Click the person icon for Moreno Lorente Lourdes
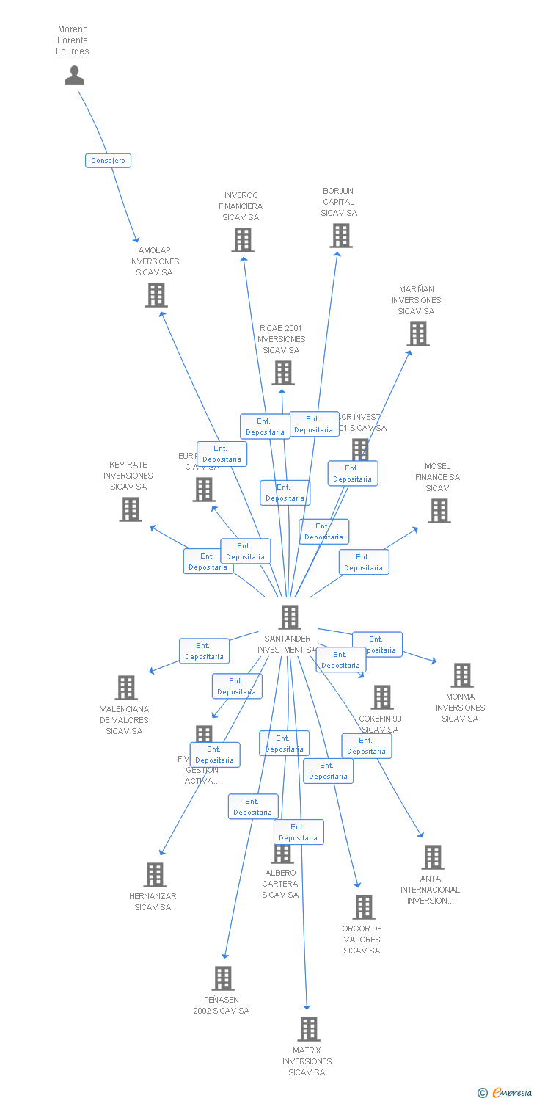coord(74,76)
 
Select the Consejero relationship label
coord(108,160)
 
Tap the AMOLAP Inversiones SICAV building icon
coord(156,295)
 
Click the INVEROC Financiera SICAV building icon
coord(242,240)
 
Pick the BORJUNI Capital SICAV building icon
coord(340,236)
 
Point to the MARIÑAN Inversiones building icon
coord(417,334)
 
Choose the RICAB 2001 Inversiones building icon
coord(282,373)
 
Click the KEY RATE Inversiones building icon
coord(130,509)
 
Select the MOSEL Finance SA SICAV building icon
coord(439,511)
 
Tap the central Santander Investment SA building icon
coord(290,617)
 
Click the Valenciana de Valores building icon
coord(126,688)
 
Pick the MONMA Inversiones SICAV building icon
coord(461,675)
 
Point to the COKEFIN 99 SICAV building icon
coord(381,697)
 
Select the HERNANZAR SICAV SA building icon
coord(154,875)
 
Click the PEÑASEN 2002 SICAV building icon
coord(223,978)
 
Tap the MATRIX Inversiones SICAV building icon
coord(308,1029)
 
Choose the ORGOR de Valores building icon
coord(363,907)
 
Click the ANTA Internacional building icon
coord(432,857)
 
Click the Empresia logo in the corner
coord(505,1093)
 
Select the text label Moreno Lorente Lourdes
coord(73,40)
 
